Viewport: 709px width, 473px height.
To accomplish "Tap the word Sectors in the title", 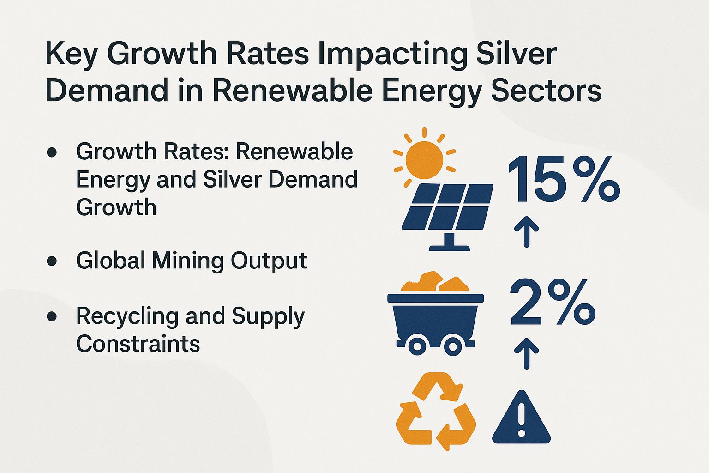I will [x=546, y=91].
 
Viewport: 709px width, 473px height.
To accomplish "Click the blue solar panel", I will [x=447, y=207].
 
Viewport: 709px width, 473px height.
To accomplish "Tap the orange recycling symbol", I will [x=436, y=411].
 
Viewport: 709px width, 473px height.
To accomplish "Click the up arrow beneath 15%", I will [x=527, y=231].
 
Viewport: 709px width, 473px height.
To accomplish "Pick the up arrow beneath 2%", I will [x=527, y=353].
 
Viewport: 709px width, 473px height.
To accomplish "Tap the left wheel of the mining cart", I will [x=417, y=346].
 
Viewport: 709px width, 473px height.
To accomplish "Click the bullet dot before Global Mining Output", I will [x=52, y=261].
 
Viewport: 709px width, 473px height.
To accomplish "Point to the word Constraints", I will [x=138, y=344].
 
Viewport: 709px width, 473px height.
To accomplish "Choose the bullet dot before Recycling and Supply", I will [x=52, y=316].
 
